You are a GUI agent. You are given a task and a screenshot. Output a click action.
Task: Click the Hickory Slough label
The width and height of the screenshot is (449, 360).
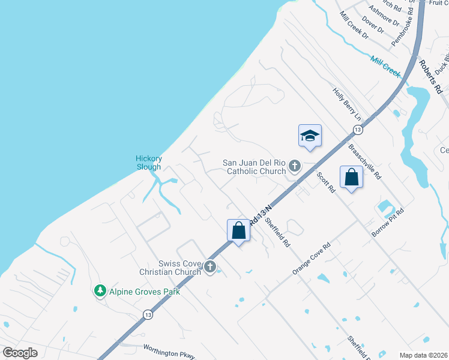click(x=148, y=163)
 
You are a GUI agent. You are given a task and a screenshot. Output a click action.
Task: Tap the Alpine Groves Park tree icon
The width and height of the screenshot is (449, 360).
click(x=100, y=291)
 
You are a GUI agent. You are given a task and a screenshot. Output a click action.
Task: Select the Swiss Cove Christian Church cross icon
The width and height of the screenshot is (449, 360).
click(x=210, y=266)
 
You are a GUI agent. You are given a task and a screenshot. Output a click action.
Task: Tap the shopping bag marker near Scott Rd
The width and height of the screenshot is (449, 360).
click(x=351, y=177)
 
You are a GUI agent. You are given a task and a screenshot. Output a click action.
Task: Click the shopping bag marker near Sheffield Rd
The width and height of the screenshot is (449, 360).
click(x=238, y=230)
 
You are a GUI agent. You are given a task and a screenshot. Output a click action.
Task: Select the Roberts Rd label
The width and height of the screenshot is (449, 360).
click(x=430, y=76)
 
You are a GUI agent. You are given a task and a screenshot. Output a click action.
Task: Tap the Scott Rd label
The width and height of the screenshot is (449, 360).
click(x=325, y=182)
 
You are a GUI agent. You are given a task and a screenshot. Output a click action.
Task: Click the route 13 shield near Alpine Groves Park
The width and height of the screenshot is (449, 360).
click(x=148, y=314)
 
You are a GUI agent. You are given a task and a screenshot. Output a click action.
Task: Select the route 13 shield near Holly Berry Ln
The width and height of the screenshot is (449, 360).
click(x=358, y=130)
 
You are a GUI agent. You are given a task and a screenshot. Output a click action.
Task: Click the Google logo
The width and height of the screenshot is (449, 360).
click(x=20, y=352)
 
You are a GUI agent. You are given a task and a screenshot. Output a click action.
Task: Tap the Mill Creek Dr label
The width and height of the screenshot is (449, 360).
click(x=354, y=25)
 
